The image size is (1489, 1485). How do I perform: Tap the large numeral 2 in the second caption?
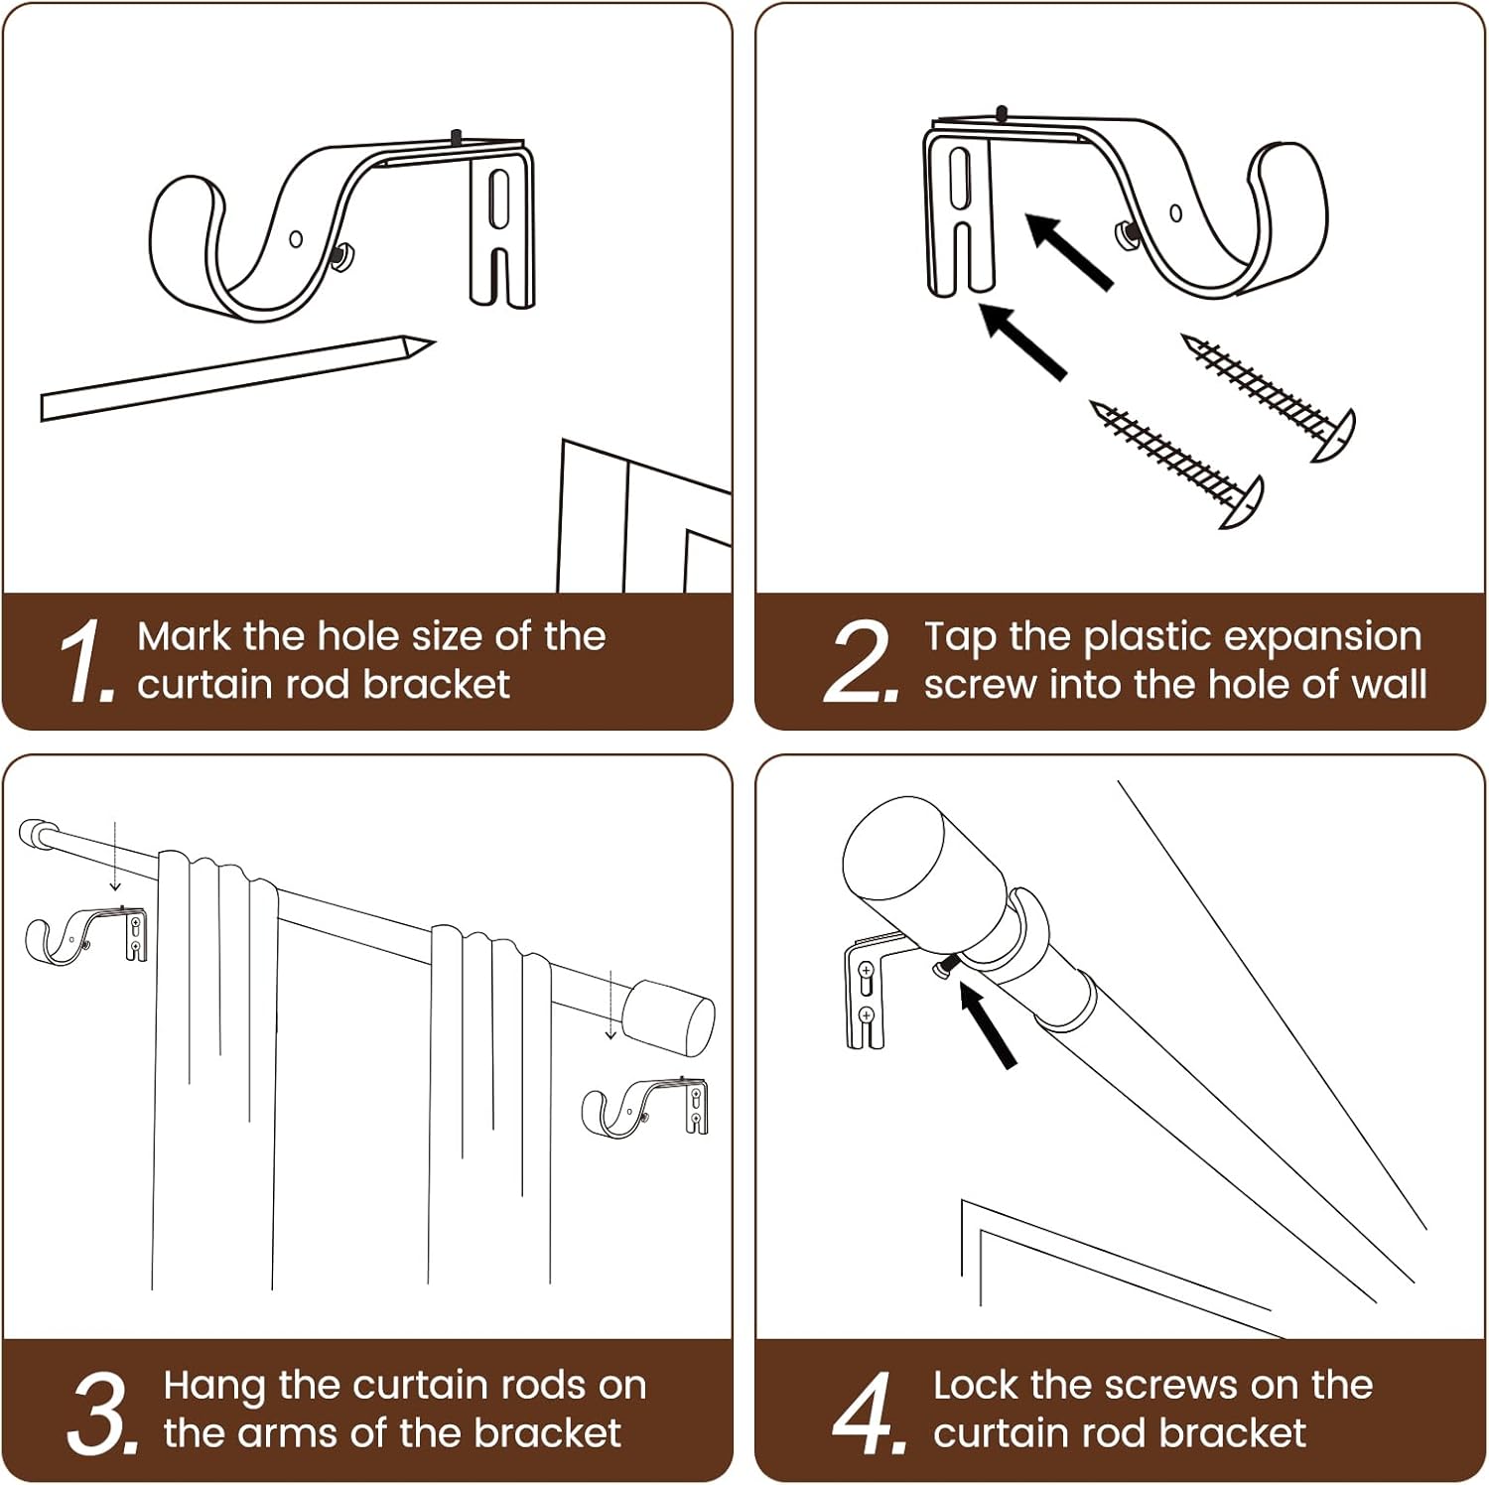pos(860,661)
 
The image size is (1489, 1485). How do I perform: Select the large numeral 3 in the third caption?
pos(100,1414)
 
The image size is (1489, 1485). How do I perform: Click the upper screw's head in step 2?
pos(1335,435)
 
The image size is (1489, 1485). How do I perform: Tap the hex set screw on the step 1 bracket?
pos(338,257)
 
